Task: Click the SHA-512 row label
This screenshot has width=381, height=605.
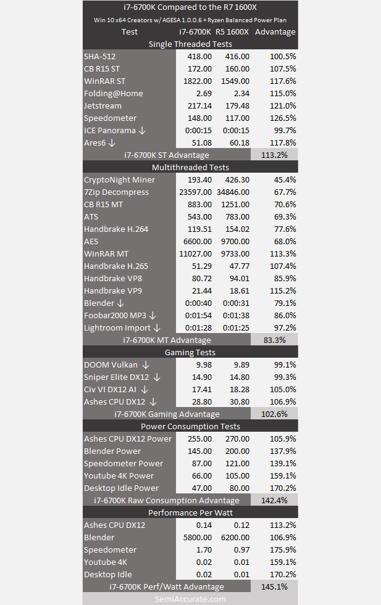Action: (99, 56)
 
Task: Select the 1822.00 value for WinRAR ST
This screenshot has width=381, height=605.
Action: (198, 81)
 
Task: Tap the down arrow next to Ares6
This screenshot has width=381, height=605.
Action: (112, 142)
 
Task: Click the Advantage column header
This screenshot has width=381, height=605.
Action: (275, 31)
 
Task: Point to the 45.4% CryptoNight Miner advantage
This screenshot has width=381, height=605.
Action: (285, 180)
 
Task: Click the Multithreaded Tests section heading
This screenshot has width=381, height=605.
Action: (190, 168)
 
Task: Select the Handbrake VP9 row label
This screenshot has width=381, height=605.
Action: (113, 291)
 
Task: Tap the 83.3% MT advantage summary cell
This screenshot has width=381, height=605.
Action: (274, 340)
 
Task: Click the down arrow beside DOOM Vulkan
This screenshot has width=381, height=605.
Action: (146, 365)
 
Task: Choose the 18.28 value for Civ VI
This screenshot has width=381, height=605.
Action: (240, 390)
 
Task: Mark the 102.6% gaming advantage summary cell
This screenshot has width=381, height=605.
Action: (274, 414)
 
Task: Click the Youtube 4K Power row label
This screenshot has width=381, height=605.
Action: (119, 475)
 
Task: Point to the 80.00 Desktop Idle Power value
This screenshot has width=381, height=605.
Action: (240, 488)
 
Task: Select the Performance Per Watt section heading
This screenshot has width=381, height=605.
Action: (190, 512)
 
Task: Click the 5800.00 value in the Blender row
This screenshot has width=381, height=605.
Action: (198, 538)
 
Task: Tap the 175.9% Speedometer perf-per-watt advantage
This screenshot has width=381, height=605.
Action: (283, 550)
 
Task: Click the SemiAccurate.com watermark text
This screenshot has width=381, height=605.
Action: (190, 599)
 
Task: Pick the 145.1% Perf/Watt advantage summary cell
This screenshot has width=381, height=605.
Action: (274, 587)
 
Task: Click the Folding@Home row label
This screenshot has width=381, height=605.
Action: (114, 93)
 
